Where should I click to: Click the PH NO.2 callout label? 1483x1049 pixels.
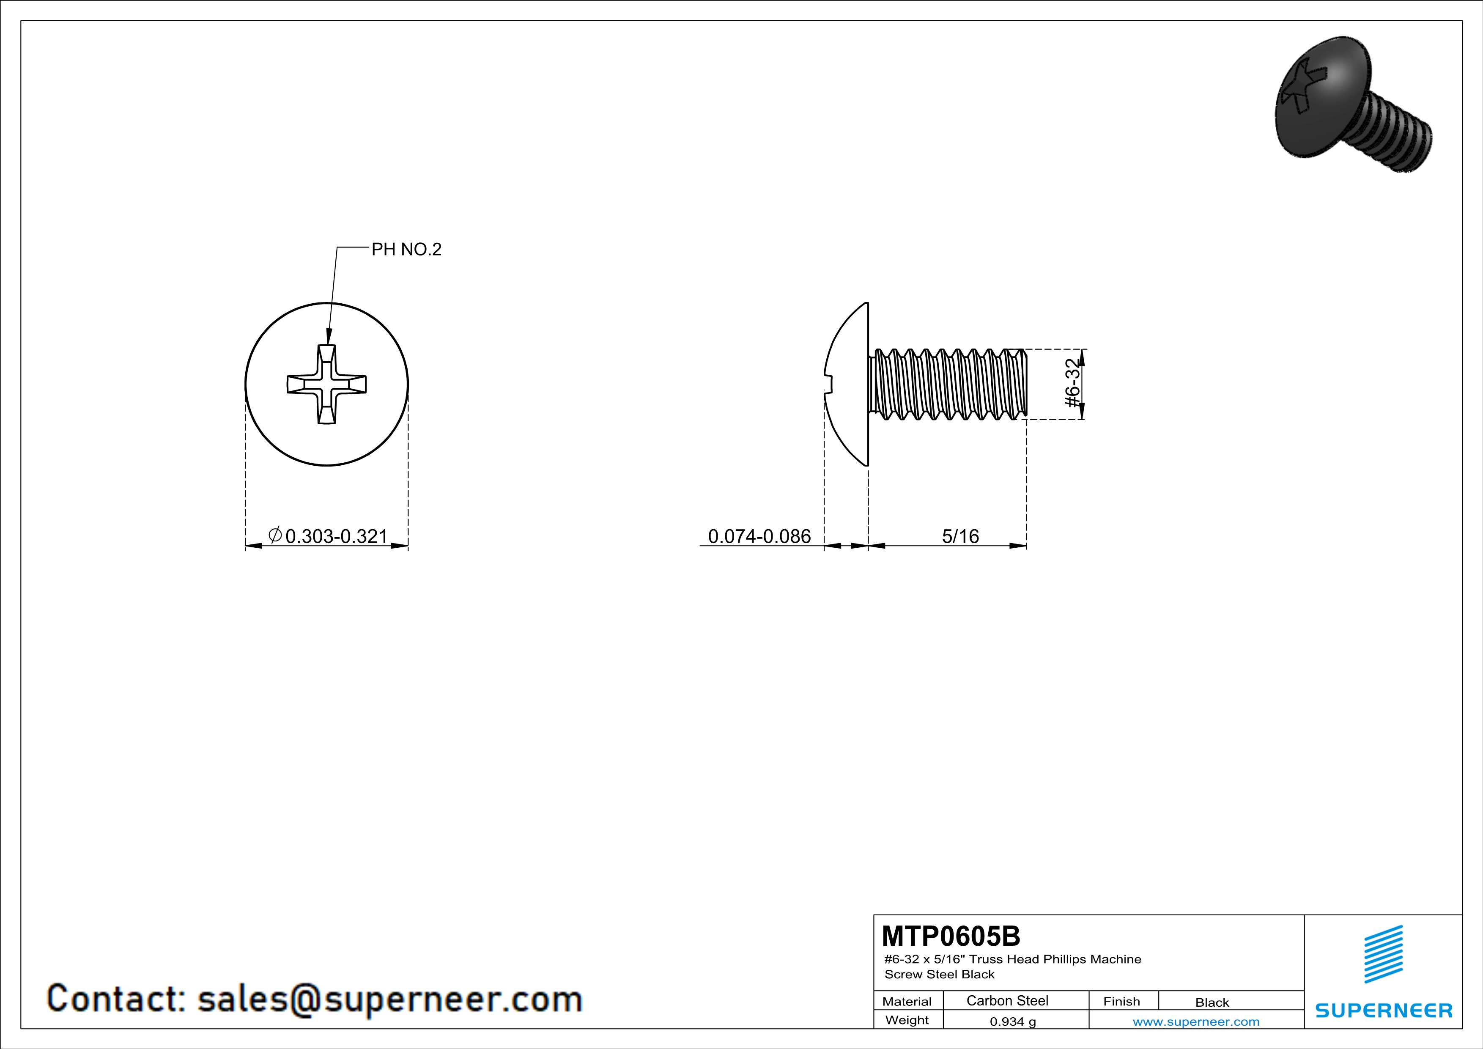406,249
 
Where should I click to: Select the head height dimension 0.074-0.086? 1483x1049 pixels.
759,536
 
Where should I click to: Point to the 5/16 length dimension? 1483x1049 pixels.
960,536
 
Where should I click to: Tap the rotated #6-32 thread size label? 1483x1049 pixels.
1072,383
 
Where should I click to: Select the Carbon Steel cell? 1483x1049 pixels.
1007,1000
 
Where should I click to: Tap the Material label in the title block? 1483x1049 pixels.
907,1001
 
